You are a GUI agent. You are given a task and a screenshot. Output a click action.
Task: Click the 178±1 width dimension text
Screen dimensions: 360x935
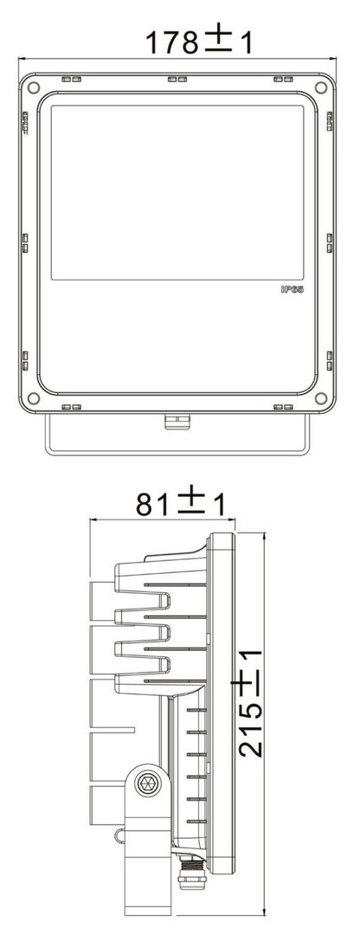pos(199,41)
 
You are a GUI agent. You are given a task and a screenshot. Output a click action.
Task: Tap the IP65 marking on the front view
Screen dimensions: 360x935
pos(292,289)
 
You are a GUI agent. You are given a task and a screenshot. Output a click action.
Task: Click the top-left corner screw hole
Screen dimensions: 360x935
pos(34,87)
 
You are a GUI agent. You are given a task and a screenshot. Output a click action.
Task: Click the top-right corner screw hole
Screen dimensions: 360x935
pos(321,87)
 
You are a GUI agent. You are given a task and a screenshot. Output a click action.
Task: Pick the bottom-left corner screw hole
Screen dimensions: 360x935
pos(34,397)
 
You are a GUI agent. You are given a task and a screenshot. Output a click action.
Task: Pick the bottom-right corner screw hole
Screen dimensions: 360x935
pos(321,397)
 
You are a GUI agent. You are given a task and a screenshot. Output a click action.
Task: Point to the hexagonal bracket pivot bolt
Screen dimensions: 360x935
pos(146,783)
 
